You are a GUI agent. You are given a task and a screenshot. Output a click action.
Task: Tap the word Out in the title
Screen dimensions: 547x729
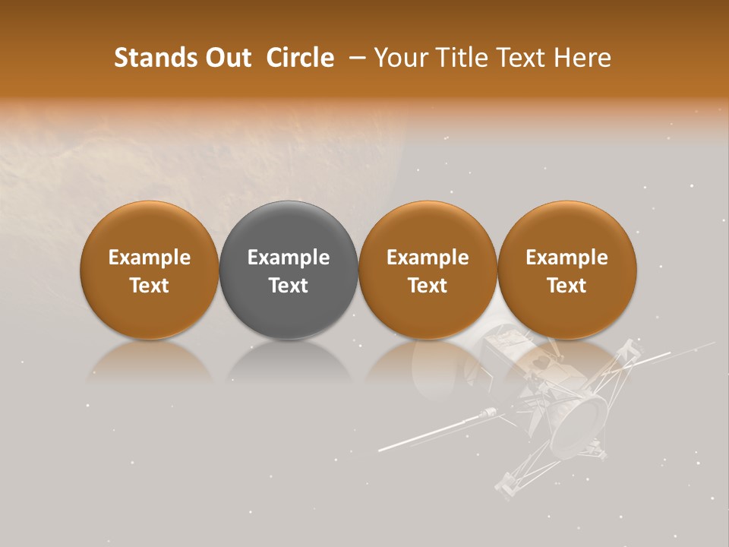pyautogui.click(x=227, y=58)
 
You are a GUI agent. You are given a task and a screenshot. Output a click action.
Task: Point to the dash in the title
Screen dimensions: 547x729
pyautogui.click(x=354, y=58)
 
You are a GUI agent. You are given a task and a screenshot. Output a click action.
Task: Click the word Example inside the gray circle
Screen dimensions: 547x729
pyautogui.click(x=289, y=258)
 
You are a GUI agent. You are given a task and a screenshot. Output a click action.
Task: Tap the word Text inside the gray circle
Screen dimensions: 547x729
pyautogui.click(x=289, y=286)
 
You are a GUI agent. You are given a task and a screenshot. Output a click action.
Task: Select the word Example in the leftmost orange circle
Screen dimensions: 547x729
pyautogui.click(x=150, y=258)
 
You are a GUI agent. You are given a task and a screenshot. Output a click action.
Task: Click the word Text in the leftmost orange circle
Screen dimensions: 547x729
pyautogui.click(x=150, y=286)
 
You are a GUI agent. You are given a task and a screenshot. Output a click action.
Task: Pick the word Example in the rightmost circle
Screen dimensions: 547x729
pyautogui.click(x=566, y=258)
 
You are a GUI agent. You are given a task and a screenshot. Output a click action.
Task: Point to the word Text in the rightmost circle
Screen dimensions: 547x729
pyautogui.click(x=566, y=286)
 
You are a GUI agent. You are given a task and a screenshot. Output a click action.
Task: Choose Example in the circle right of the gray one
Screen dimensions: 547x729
pyautogui.click(x=428, y=258)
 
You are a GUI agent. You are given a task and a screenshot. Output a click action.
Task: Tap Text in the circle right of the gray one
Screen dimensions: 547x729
pyautogui.click(x=428, y=286)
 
